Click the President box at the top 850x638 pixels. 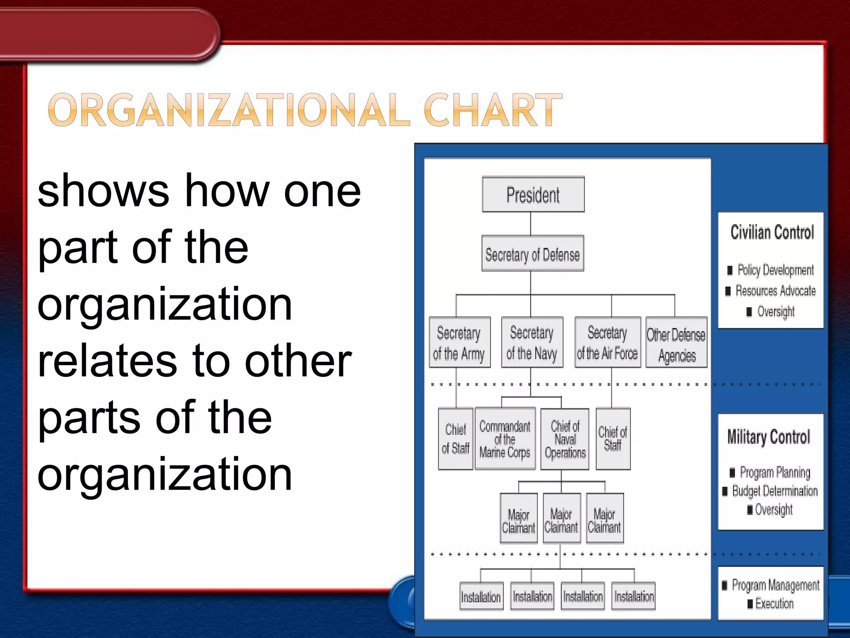point(533,195)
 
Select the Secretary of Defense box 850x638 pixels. point(532,254)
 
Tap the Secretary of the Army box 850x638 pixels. point(459,343)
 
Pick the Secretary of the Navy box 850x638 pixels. point(532,343)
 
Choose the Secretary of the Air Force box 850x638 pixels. point(607,343)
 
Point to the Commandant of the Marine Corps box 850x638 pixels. point(505,439)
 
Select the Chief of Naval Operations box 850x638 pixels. point(565,439)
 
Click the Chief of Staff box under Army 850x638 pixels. point(455,439)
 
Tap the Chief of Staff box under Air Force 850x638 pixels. point(613,439)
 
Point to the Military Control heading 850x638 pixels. point(769,437)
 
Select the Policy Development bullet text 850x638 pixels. point(775,270)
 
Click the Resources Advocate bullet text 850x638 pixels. point(775,291)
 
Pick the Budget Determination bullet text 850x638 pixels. point(774,491)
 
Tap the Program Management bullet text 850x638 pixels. point(775,585)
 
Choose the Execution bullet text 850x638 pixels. point(774,604)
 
